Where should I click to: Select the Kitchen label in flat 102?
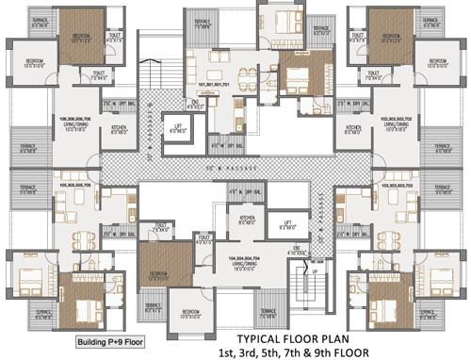click(353, 130)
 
